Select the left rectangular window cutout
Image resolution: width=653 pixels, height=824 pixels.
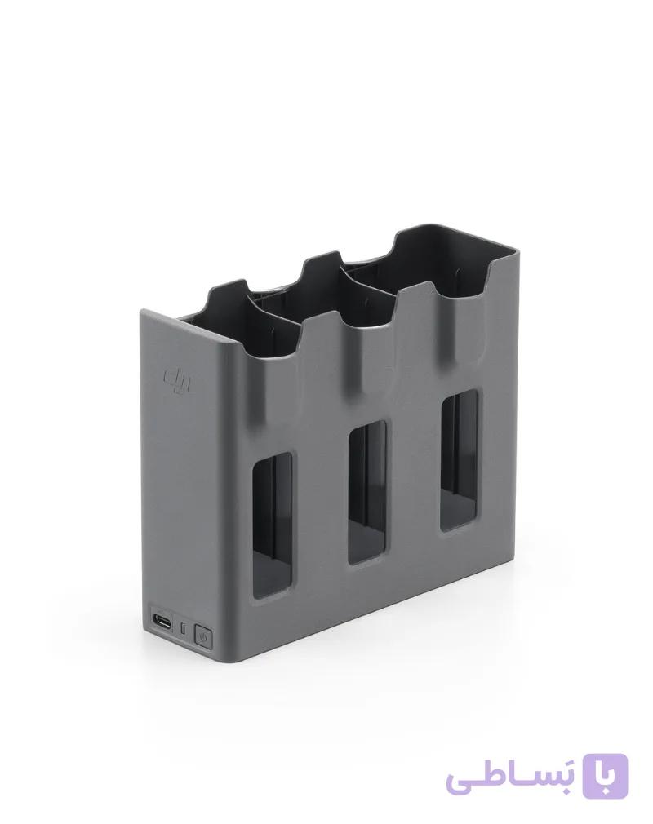pyautogui.click(x=272, y=526)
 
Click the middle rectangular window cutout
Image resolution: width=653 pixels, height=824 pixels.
pyautogui.click(x=367, y=492)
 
